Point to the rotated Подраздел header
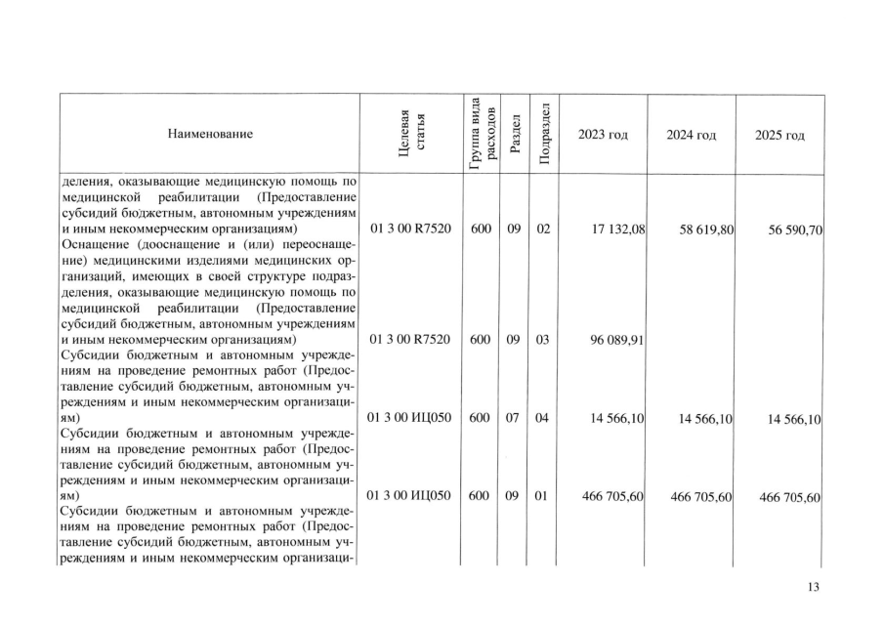point(544,134)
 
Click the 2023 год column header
point(603,134)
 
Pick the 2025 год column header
point(780,134)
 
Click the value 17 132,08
point(613,229)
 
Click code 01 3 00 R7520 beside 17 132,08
point(411,229)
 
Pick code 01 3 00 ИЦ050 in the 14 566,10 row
point(411,417)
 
